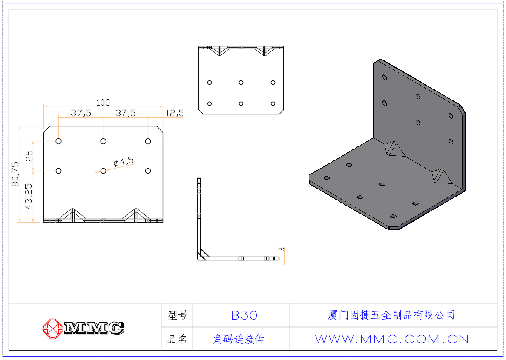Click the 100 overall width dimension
[103, 103]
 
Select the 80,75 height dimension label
[15, 174]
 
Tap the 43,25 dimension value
[29, 196]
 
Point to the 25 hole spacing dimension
[29, 156]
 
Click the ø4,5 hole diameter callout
[124, 161]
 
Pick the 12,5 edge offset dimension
[174, 113]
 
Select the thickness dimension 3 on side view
[282, 250]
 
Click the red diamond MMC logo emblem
[52, 329]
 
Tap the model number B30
[244, 315]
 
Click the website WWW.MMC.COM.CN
[392, 339]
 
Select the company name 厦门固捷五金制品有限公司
[391, 315]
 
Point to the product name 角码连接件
[239, 339]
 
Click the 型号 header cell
[177, 315]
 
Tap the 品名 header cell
[177, 339]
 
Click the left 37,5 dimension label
[81, 113]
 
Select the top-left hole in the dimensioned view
[58, 141]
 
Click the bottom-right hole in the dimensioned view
[148, 171]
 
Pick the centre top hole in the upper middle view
[241, 83]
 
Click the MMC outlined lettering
[94, 328]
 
